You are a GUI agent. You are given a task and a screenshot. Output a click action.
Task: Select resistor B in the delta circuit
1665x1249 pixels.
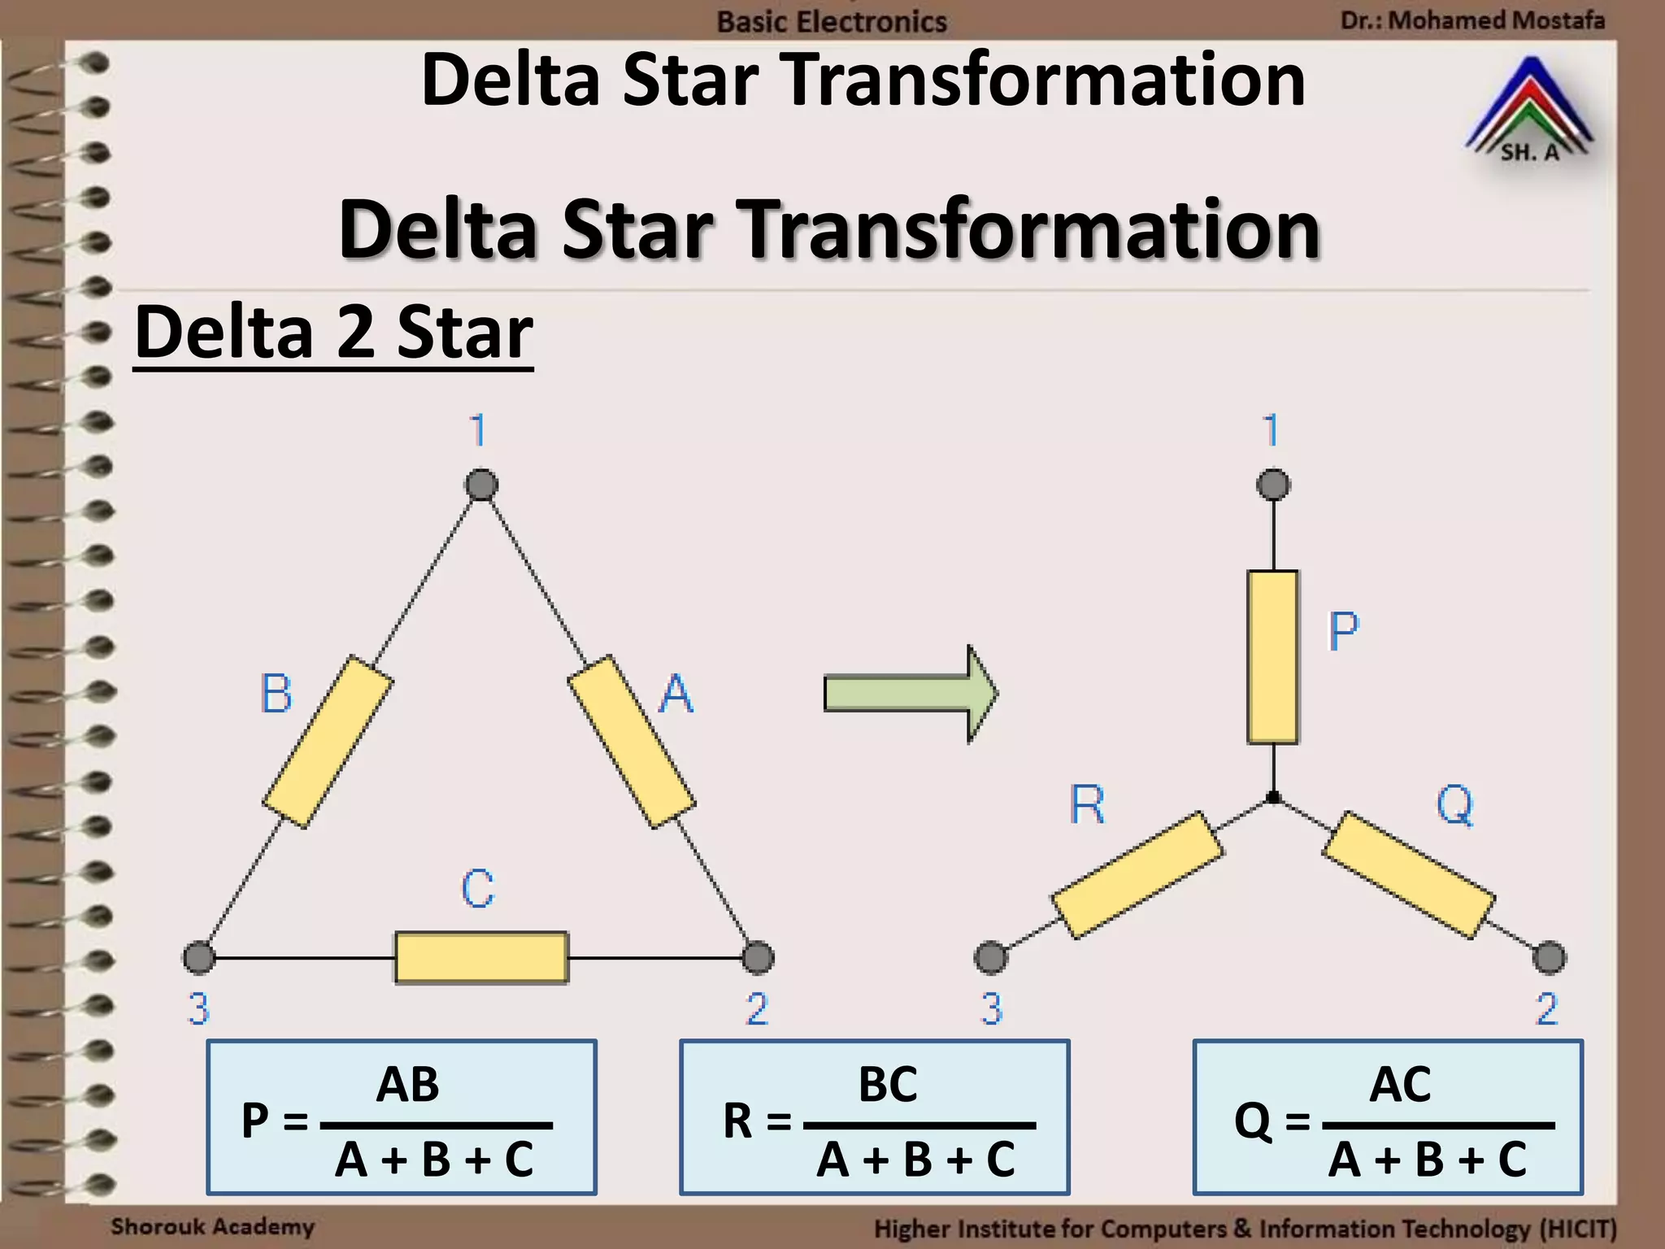click(328, 742)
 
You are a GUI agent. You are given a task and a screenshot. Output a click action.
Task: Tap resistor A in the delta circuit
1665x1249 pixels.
click(631, 742)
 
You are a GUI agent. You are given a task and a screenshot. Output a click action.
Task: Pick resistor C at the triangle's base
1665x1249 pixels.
click(481, 957)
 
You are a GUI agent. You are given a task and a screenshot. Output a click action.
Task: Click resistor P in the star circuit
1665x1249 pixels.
click(1272, 657)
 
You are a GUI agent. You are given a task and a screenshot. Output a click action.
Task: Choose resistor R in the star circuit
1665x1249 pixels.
click(1137, 875)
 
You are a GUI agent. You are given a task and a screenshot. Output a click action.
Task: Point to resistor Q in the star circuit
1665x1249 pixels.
click(1408, 875)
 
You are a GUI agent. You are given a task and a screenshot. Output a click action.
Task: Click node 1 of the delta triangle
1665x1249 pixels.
click(481, 485)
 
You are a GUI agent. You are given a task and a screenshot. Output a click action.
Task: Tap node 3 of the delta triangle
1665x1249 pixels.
click(199, 957)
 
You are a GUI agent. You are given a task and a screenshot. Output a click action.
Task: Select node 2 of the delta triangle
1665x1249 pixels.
click(758, 957)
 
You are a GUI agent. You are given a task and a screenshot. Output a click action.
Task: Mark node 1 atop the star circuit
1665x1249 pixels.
click(1273, 485)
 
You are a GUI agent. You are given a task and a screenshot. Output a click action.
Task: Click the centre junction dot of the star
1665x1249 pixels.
click(1273, 798)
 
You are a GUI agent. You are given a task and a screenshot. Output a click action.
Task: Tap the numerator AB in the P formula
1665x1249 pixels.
click(407, 1084)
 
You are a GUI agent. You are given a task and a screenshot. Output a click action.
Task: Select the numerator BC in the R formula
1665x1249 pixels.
click(888, 1084)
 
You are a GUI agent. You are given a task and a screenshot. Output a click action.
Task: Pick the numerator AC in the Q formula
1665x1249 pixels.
click(1400, 1084)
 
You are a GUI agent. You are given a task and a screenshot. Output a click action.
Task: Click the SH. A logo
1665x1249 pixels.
click(1529, 110)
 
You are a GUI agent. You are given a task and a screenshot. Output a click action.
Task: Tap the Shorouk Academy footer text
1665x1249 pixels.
click(212, 1226)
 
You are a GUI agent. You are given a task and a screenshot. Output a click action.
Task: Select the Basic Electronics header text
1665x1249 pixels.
click(832, 21)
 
